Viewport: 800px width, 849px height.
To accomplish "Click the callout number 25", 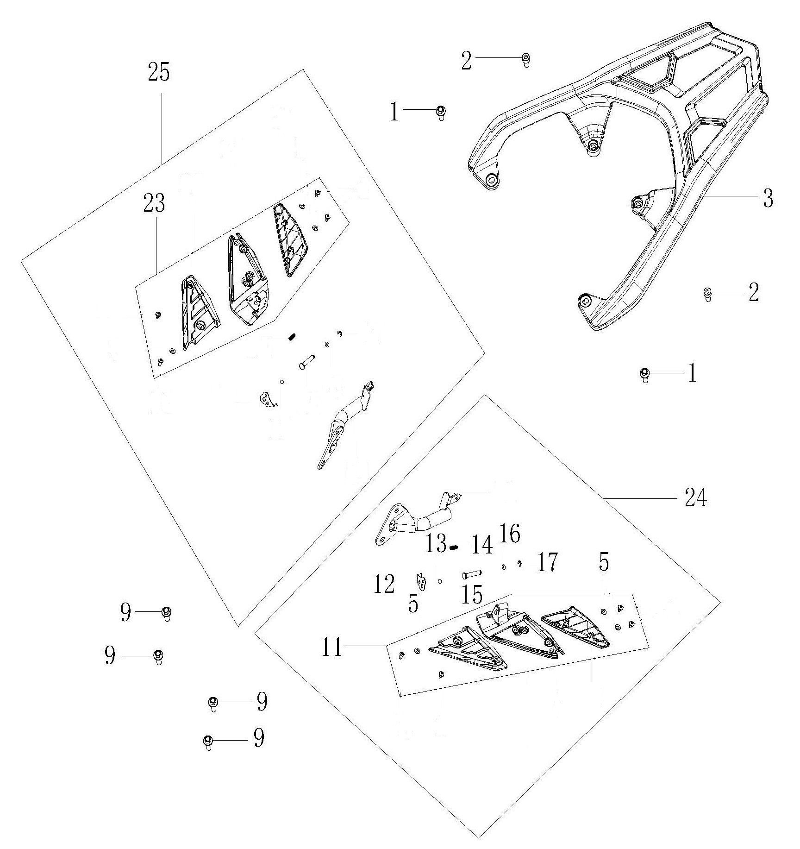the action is click(159, 73).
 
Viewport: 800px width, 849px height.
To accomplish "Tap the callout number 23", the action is click(154, 203).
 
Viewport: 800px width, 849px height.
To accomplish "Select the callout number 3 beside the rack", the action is click(768, 198).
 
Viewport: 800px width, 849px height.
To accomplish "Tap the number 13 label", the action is click(435, 543).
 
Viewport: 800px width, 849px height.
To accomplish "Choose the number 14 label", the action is click(481, 545).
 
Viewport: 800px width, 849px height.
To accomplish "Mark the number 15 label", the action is click(472, 594).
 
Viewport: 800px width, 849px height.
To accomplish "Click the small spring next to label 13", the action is click(454, 548).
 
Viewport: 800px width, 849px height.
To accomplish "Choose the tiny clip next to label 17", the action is click(520, 563).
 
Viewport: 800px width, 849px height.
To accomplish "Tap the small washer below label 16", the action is click(503, 566).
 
